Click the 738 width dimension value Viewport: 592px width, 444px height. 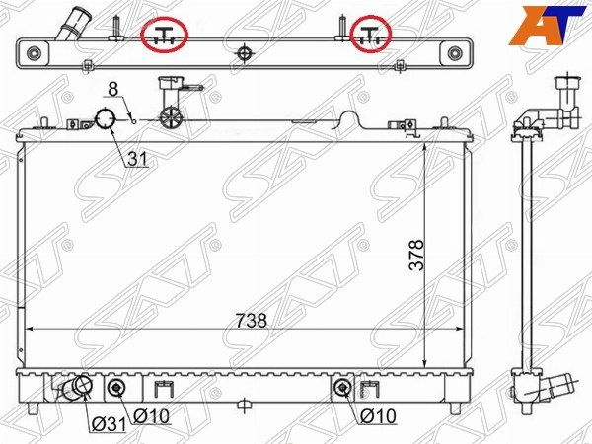tap(251, 321)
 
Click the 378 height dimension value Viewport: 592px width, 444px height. tap(416, 255)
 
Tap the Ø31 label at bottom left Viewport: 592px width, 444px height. tap(109, 425)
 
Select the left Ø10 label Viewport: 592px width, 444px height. tap(151, 416)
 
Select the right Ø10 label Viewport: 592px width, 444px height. tap(378, 416)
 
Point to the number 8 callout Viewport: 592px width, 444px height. tap(113, 89)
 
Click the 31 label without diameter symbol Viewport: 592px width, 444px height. tap(137, 159)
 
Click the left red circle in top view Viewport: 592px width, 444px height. tap(164, 36)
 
